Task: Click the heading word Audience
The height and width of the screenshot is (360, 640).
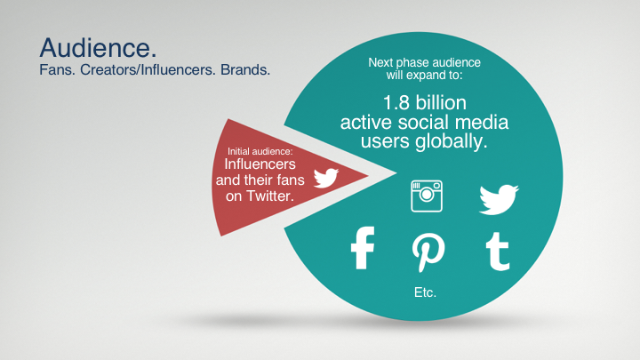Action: point(98,48)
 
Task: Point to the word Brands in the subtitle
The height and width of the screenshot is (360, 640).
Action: point(245,70)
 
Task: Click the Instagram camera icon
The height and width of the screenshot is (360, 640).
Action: point(427,196)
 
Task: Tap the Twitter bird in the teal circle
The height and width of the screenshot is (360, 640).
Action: point(499,200)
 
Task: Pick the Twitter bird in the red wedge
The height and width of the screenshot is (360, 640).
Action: point(325,178)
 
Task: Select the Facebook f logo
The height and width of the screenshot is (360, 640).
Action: point(363,248)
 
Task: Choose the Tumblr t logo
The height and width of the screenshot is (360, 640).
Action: point(498,252)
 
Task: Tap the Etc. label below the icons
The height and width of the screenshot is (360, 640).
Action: point(425,292)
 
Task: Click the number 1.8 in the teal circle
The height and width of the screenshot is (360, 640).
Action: point(396,103)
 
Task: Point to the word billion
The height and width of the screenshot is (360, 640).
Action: point(441,103)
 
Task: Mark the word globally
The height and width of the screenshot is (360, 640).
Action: point(452,142)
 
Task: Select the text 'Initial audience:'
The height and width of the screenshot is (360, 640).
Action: point(260,151)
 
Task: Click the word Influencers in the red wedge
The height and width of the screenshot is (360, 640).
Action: point(260,164)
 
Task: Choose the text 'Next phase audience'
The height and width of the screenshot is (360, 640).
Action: point(425,62)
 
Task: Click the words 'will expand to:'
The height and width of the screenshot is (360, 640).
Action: point(425,75)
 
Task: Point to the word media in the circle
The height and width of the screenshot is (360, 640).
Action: point(482,123)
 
